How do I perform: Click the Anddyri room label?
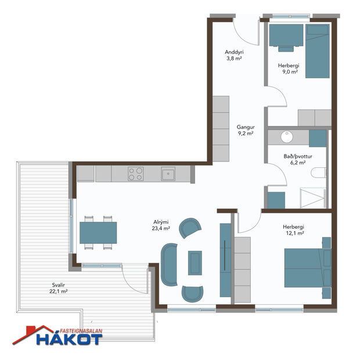pyautogui.click(x=234, y=55)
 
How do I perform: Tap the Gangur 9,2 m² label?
pyautogui.click(x=246, y=130)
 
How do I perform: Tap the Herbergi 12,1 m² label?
pyautogui.click(x=294, y=229)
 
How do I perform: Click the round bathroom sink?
pyautogui.click(x=286, y=138)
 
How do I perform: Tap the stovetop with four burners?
pyautogui.click(x=136, y=173)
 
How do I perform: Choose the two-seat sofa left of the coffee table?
pyautogui.click(x=170, y=264)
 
